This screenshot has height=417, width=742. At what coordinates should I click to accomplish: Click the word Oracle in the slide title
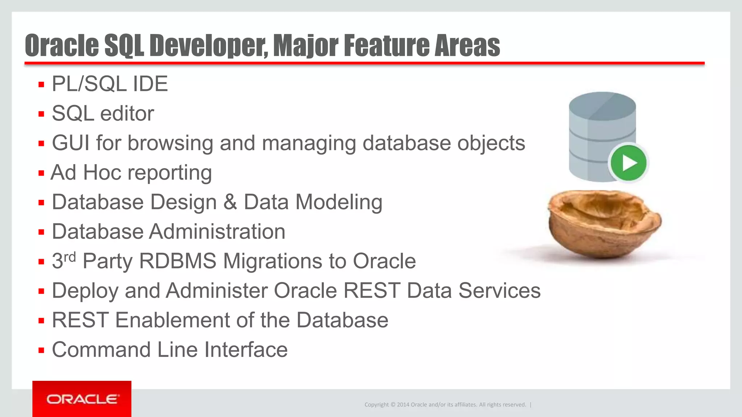(x=62, y=46)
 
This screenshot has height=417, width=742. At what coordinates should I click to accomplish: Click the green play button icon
(x=629, y=163)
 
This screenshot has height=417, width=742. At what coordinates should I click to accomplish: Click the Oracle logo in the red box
(x=82, y=399)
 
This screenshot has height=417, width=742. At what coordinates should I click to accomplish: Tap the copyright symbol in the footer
(x=393, y=405)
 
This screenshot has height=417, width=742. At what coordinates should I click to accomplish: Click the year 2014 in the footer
(x=403, y=405)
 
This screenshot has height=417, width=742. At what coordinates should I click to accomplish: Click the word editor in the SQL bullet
(x=127, y=114)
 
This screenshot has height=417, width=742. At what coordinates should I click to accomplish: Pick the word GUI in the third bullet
(x=71, y=143)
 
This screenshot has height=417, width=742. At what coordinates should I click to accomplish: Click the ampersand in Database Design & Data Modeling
(x=230, y=202)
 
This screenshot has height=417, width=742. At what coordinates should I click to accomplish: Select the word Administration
(x=217, y=232)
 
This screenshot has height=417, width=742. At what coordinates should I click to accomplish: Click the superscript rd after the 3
(x=70, y=257)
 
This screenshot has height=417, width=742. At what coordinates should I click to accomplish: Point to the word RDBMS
(x=178, y=261)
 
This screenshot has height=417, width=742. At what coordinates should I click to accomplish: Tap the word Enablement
(x=172, y=320)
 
